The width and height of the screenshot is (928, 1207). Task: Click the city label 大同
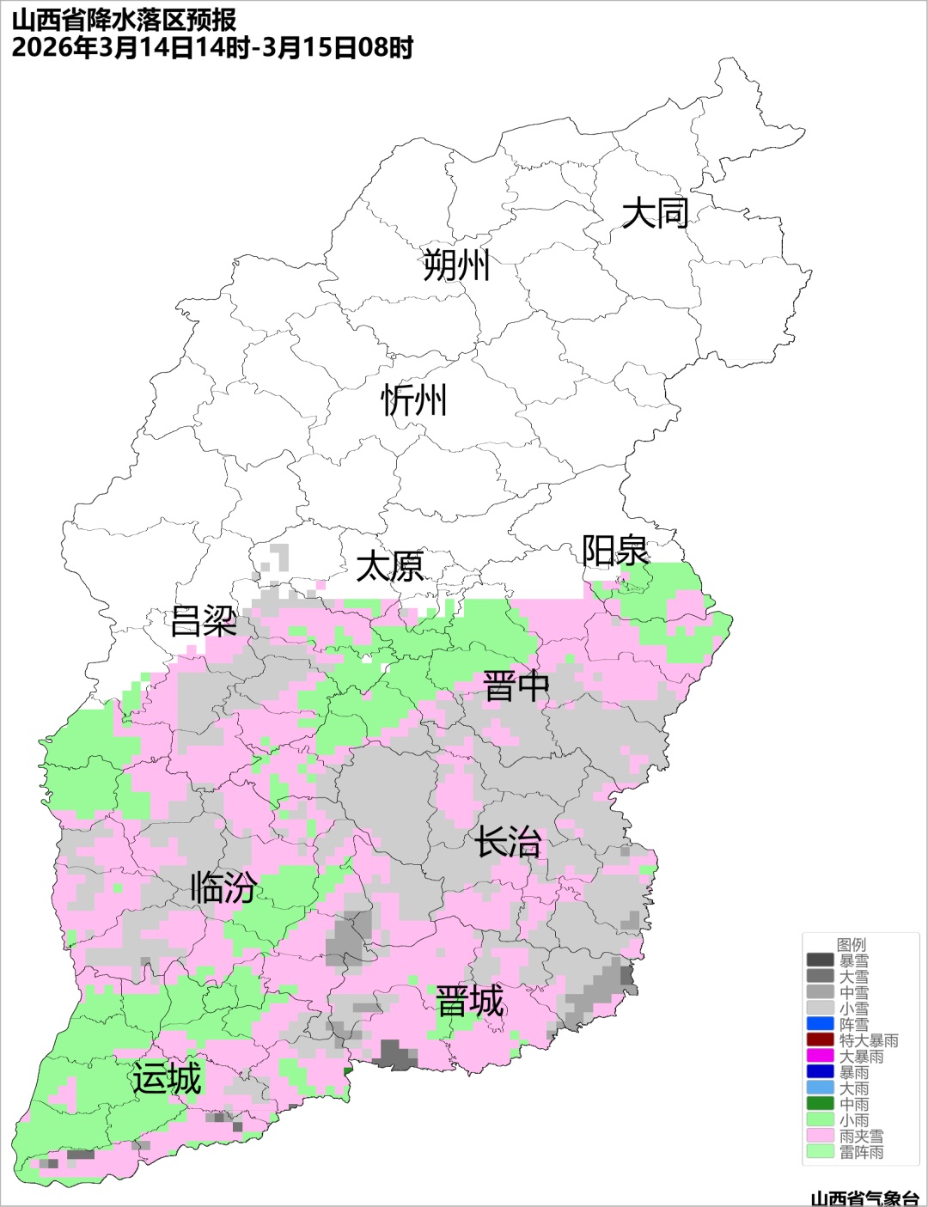[x=655, y=213]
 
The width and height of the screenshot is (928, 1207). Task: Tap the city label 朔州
[x=456, y=265]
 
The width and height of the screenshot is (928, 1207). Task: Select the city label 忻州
[x=414, y=400]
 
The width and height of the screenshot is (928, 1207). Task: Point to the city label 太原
[x=390, y=567]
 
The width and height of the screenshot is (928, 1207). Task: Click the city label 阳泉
[x=615, y=551]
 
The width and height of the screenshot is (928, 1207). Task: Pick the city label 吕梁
[x=204, y=621]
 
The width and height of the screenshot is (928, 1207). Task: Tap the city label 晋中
[x=516, y=687]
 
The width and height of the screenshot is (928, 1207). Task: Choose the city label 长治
[x=508, y=842]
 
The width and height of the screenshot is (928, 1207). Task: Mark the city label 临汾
[x=223, y=887]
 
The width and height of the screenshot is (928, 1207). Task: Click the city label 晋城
[x=470, y=1002]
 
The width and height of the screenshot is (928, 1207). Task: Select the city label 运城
[x=167, y=1079]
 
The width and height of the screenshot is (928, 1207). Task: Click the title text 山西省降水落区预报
[x=124, y=20]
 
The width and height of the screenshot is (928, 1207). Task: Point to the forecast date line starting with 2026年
[x=212, y=47]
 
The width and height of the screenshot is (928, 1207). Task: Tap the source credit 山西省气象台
[x=864, y=1198]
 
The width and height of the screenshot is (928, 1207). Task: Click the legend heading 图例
[x=852, y=945]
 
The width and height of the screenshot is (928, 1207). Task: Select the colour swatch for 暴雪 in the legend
[x=821, y=960]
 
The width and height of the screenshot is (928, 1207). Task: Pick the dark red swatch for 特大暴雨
[x=821, y=1040]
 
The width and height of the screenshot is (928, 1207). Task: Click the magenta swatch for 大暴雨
[x=821, y=1056]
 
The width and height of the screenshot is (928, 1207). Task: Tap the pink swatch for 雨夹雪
[x=821, y=1136]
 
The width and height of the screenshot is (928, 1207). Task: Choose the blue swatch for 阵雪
[x=821, y=1024]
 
